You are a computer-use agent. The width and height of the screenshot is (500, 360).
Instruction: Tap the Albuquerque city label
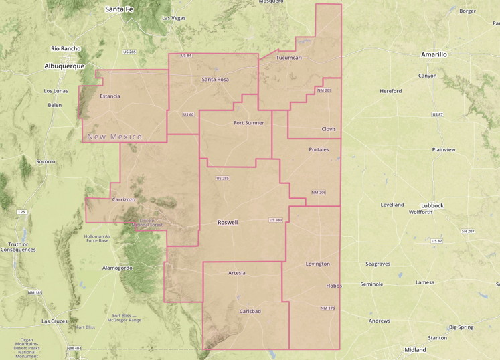64,66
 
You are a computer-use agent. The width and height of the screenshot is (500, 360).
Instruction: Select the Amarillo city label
434,54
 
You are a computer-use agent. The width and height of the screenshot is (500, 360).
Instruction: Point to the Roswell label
228,222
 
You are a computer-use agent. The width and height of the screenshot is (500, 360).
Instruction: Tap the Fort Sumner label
248,123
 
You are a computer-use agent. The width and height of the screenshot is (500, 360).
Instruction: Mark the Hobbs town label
334,286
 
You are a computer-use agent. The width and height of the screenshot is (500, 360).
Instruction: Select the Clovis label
329,129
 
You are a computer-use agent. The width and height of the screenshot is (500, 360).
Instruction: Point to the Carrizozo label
124,199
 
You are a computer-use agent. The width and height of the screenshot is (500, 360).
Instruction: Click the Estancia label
110,96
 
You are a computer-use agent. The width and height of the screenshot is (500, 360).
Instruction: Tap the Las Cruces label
55,321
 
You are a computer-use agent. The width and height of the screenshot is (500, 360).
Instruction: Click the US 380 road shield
276,220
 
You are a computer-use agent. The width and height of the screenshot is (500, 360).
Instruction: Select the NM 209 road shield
325,90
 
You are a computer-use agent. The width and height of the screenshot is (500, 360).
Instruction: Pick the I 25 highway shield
22,212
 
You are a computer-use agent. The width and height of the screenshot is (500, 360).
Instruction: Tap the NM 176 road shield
327,308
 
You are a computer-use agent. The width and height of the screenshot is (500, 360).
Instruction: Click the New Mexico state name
115,137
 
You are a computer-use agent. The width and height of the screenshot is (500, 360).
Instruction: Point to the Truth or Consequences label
19,247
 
